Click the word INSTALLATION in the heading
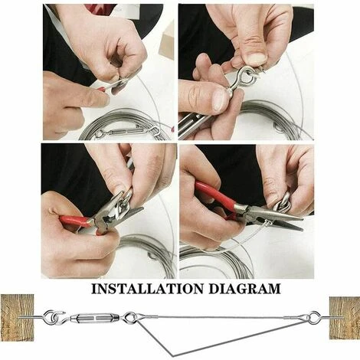click(x=148, y=289)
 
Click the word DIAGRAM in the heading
click(x=244, y=289)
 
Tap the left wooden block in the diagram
click(x=17, y=318)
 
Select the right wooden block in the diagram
click(x=345, y=318)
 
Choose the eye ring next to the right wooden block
click(x=314, y=316)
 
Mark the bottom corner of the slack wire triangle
click(x=173, y=355)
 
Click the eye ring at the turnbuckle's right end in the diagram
click(x=129, y=316)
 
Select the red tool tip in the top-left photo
click(x=102, y=89)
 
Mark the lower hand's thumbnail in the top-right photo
click(x=221, y=100)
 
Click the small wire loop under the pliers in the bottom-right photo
click(x=267, y=223)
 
